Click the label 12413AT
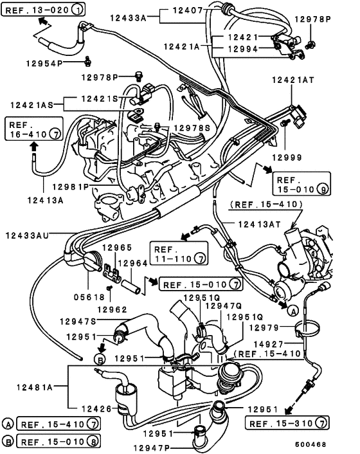[261, 224]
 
